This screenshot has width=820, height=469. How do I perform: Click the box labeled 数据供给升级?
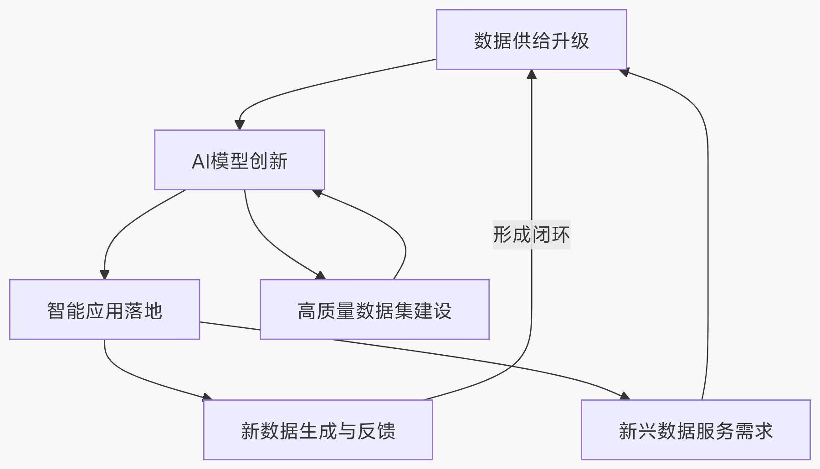tap(531, 40)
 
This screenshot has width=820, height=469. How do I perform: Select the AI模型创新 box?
tap(239, 160)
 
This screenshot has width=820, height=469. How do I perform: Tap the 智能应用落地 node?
tap(104, 310)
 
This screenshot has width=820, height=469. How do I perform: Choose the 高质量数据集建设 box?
tap(374, 310)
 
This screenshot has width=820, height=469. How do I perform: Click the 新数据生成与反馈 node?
tap(318, 430)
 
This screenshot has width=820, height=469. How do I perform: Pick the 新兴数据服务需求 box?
tap(695, 430)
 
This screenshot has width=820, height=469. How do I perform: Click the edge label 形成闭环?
tap(531, 235)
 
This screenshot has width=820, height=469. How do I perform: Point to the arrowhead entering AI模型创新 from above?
tap(240, 125)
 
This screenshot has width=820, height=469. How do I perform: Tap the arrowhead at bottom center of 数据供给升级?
tap(532, 74)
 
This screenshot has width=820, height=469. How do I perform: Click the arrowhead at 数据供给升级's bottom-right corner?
tap(625, 72)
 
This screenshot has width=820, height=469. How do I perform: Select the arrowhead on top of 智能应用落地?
tap(104, 275)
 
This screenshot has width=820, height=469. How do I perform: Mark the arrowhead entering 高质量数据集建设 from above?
tap(321, 275)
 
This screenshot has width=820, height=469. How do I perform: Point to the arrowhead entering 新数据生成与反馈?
tap(208, 398)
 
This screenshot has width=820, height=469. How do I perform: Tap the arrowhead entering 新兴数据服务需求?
tap(625, 396)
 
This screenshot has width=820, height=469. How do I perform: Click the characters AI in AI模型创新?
tap(200, 161)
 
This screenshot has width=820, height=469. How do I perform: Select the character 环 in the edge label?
tap(560, 235)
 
